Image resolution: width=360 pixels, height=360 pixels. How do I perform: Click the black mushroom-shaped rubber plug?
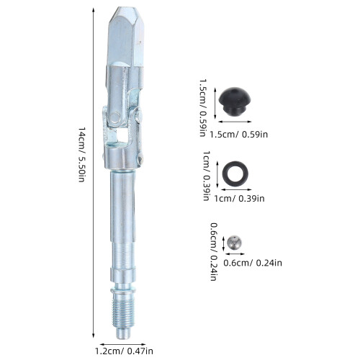tap(235, 102)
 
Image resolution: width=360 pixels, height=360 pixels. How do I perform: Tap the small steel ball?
tap(235, 243)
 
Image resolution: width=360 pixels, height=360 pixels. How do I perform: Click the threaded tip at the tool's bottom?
tap(123, 310)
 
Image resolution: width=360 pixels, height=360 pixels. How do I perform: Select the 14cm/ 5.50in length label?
tap(81, 155)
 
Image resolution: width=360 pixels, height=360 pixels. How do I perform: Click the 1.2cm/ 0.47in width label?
tap(124, 351)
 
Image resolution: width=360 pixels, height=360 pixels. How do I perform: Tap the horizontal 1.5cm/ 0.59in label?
tap(238, 134)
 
